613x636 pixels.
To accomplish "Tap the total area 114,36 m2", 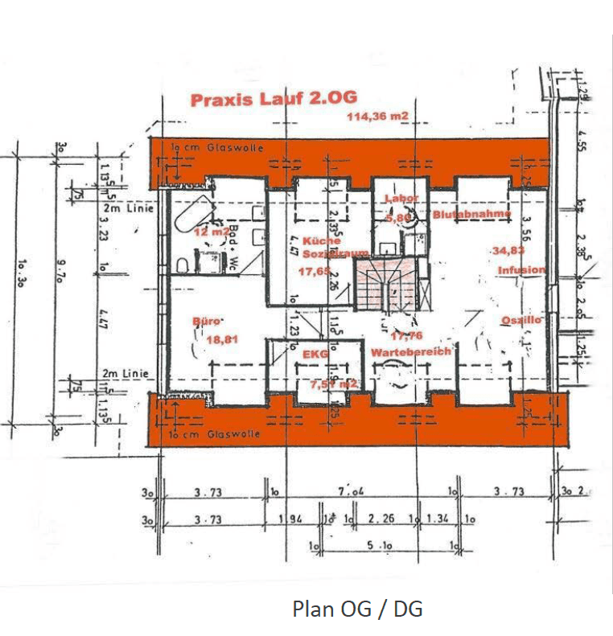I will coord(377,117).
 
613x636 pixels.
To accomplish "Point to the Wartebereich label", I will coord(410,352).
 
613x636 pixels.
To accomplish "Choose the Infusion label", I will coord(520,270).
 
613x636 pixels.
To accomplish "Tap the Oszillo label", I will coord(521,320).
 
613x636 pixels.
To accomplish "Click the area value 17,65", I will coord(314,272).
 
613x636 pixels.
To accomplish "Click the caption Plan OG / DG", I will coord(357,609).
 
